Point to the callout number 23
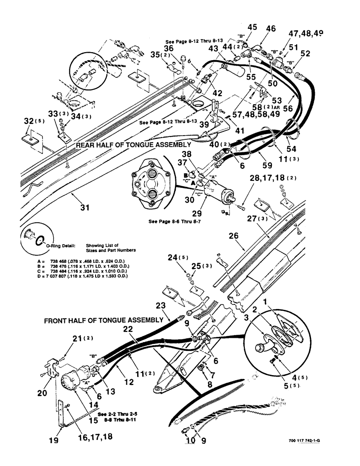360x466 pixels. point(160,307)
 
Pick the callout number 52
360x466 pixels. point(305,54)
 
